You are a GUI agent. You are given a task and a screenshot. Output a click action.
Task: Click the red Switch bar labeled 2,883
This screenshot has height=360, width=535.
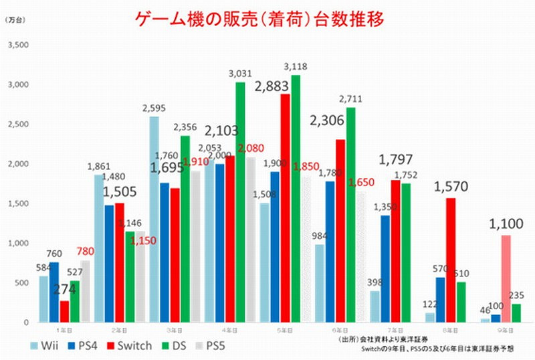tap(284, 208)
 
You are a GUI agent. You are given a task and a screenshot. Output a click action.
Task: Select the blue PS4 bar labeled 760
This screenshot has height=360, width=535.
tap(54, 292)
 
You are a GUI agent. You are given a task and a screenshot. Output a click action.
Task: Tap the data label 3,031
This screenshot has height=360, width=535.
tap(240, 74)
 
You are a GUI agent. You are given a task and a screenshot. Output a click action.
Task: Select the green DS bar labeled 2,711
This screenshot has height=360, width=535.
tap(350, 215)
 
